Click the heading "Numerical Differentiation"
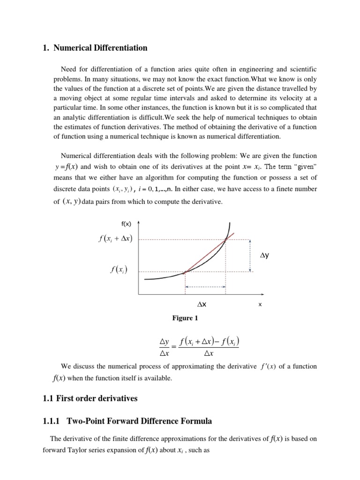coord(100,48)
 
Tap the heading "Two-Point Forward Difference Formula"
coord(140,421)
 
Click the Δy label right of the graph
coord(265,255)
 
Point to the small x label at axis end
coord(260,305)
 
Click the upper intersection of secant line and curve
coord(225,240)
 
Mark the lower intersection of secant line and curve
coord(186,271)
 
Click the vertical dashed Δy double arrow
coord(250,255)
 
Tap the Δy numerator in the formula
coord(164,340)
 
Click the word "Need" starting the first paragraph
coord(69,69)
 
